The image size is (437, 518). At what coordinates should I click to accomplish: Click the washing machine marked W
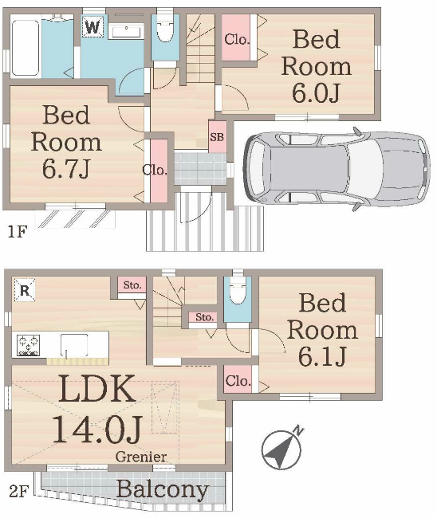click(93, 27)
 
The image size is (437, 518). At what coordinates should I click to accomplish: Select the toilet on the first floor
click(166, 31)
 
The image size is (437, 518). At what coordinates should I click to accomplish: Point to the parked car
click(336, 166)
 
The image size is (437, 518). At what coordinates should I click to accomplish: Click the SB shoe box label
click(216, 136)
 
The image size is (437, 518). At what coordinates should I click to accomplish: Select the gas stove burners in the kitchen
click(30, 345)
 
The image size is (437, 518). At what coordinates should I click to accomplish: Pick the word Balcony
click(162, 489)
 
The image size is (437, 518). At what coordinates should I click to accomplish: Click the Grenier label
click(141, 457)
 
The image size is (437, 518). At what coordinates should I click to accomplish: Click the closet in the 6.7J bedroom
click(158, 170)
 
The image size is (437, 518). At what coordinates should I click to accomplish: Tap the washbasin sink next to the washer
click(124, 30)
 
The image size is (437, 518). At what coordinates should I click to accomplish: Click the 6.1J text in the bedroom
click(322, 356)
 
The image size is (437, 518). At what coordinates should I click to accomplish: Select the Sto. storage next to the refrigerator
click(132, 285)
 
